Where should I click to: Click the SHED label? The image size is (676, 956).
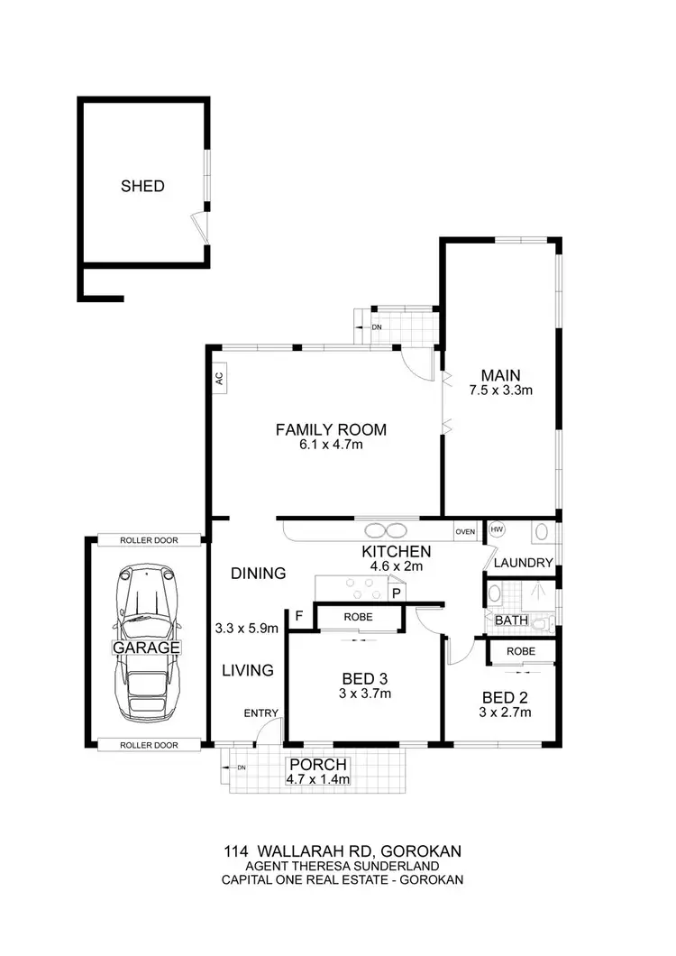tap(142, 187)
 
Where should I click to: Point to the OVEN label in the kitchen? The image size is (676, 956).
tap(465, 531)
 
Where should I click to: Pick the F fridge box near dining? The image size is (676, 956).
tap(297, 616)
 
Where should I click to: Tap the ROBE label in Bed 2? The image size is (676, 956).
tap(521, 650)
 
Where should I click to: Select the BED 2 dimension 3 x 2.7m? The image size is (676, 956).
tap(505, 712)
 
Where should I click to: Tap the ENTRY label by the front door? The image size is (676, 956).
tap(261, 713)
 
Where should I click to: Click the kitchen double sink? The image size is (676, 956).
tap(390, 530)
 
